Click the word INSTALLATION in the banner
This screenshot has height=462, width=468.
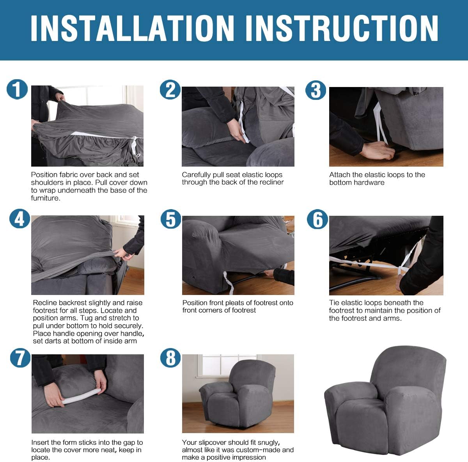click(132, 28)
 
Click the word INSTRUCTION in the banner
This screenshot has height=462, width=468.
click(342, 28)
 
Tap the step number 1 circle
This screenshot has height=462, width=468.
click(17, 89)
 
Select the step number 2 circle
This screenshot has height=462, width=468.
click(170, 90)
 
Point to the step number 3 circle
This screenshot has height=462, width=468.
click(316, 90)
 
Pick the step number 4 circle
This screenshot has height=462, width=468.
click(19, 219)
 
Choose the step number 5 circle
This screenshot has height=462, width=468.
click(171, 219)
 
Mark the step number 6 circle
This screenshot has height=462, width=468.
click(317, 219)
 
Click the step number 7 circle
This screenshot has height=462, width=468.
click(20, 358)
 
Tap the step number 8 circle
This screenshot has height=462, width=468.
click(170, 358)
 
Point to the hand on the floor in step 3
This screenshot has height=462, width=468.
click(377, 151)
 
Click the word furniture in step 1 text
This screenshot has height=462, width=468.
click(45, 198)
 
